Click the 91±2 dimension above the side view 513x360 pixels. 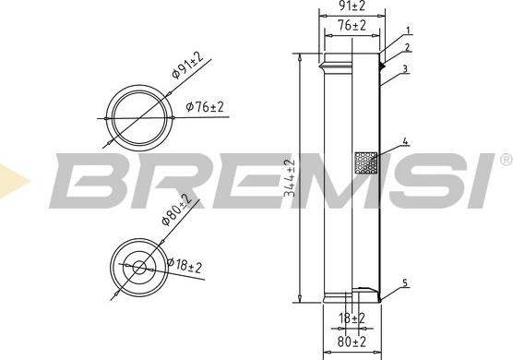[x=352, y=6]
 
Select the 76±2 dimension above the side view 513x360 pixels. [x=352, y=26]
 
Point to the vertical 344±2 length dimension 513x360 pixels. [x=290, y=178]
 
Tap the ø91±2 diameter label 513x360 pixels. [x=187, y=65]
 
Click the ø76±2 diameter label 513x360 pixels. [x=205, y=107]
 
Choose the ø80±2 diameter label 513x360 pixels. [x=176, y=210]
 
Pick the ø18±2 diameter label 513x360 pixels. [x=185, y=266]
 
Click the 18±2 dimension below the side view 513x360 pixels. [x=352, y=318]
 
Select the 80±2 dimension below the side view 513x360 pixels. [x=352, y=342]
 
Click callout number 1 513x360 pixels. [x=408, y=30]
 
